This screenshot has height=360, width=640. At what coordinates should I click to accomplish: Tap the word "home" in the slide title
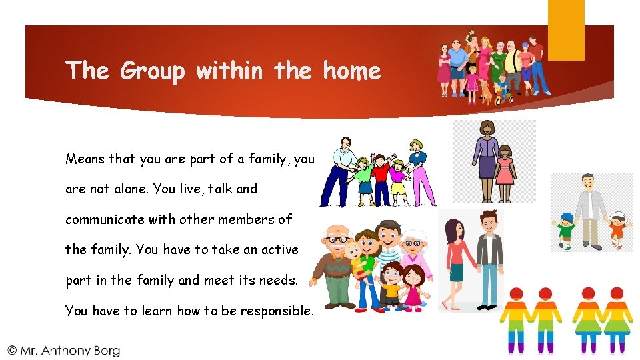click(351, 71)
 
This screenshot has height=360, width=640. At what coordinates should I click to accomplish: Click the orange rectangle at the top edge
click(566, 29)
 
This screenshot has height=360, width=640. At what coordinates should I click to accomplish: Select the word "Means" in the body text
click(85, 159)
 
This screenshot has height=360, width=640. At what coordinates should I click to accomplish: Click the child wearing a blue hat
click(566, 230)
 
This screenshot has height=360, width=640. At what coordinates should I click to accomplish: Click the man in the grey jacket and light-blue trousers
click(490, 260)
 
